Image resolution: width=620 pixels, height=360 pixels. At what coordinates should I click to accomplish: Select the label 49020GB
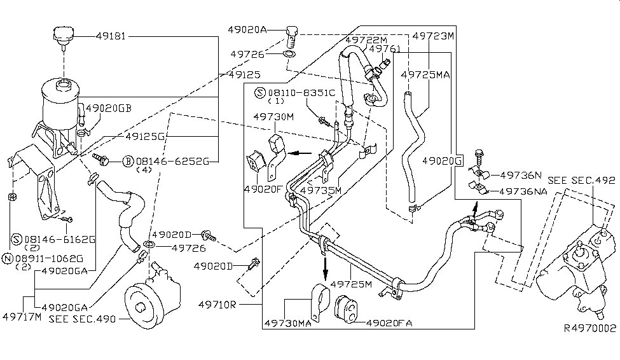[108, 108]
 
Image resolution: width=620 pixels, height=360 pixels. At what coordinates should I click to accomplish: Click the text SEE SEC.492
[581, 180]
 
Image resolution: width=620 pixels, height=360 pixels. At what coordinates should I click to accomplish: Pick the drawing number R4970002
[590, 329]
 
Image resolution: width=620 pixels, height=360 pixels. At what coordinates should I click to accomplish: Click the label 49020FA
[389, 323]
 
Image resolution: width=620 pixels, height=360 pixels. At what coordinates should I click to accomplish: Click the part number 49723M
[433, 36]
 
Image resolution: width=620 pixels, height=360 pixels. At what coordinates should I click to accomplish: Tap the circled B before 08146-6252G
[127, 162]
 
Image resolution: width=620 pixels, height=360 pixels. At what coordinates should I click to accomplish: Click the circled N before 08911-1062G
[8, 259]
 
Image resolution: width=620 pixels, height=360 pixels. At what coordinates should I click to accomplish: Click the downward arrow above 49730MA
[325, 267]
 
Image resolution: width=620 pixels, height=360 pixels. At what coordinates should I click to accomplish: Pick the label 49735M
[320, 190]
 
